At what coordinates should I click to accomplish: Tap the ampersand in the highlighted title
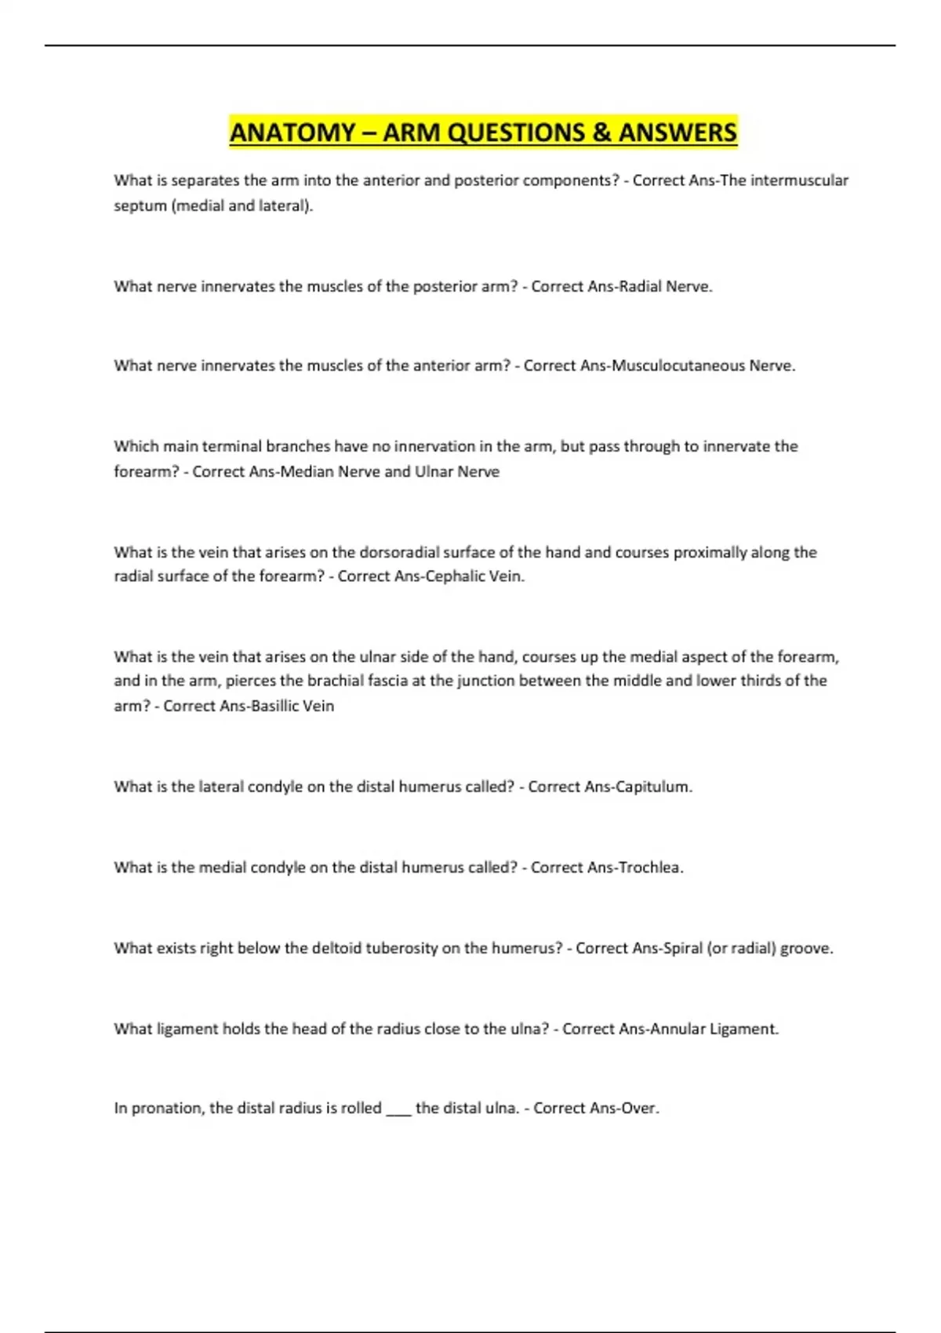[x=601, y=132]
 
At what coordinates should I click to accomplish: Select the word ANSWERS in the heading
[x=678, y=132]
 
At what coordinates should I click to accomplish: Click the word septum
[x=140, y=206]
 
